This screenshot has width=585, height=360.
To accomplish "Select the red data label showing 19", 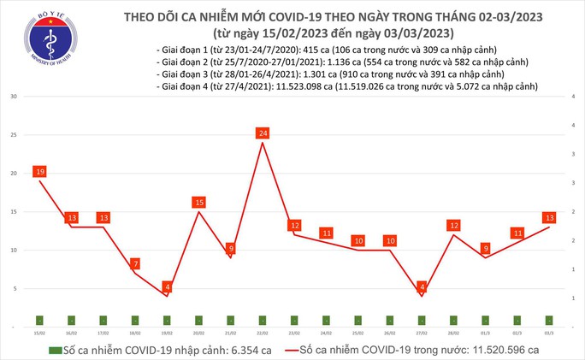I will point(39,172).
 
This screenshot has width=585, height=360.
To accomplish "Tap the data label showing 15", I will point(198,202).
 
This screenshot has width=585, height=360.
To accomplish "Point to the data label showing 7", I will point(135,263).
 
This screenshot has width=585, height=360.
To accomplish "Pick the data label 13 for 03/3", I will point(548,217).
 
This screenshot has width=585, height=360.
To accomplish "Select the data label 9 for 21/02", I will point(230,248).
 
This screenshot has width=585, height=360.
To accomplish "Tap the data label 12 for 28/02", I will point(453,225).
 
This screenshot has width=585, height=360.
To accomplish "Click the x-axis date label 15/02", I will point(39,333).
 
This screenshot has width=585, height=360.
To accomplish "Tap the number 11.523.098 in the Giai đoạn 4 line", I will point(298,87).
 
